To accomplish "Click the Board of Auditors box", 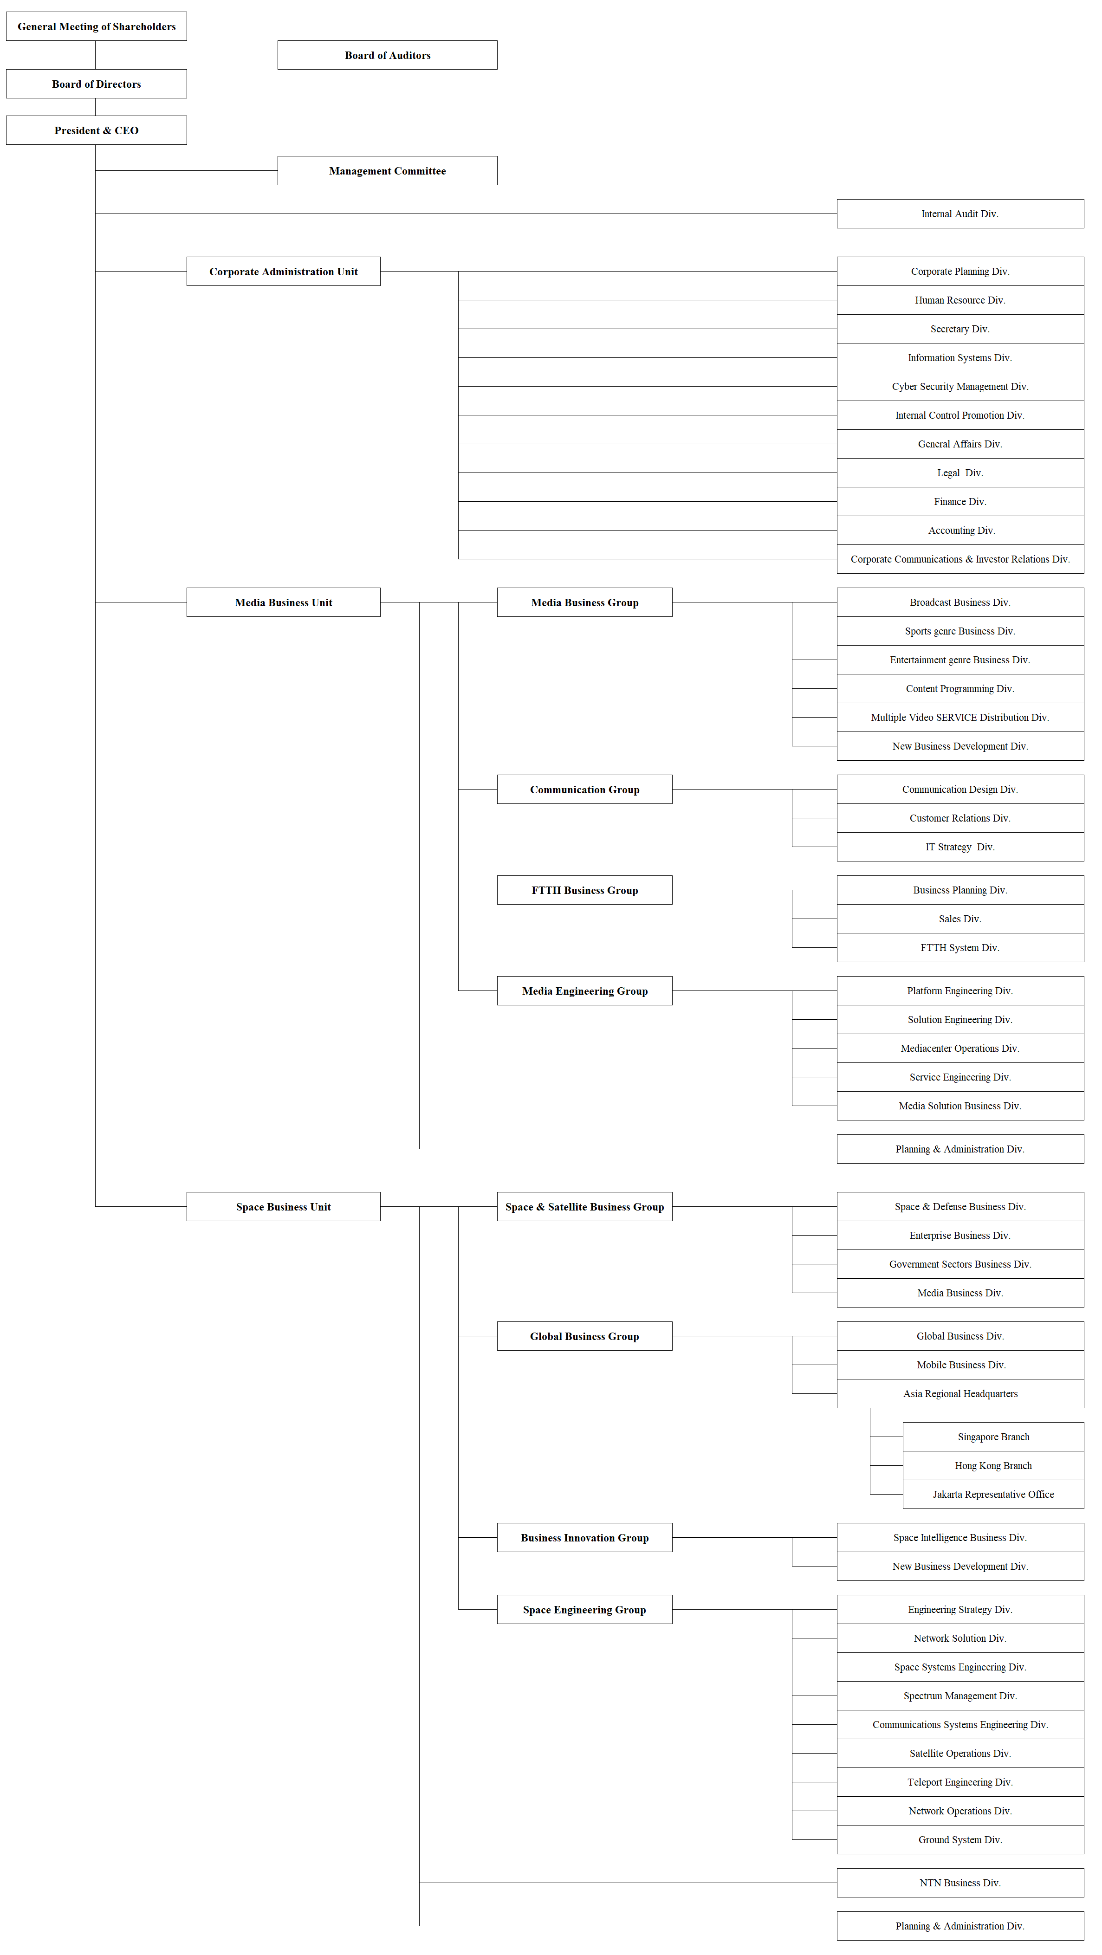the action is point(387,55).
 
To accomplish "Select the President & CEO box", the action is point(97,130).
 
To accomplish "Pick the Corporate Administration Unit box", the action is point(283,272).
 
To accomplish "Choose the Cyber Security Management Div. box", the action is point(960,386).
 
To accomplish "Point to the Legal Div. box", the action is point(960,473).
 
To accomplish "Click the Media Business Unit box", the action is point(283,602).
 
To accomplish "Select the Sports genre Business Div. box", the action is point(960,631).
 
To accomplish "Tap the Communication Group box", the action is point(584,789).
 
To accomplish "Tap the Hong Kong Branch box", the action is point(993,1465).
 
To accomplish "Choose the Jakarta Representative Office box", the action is point(993,1494).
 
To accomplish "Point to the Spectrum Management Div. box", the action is point(960,1696).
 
